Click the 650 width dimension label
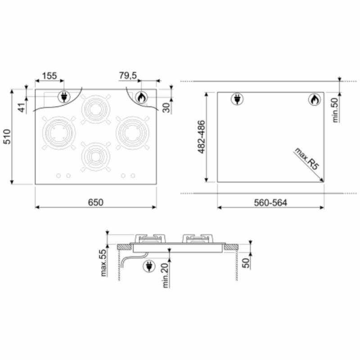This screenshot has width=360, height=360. click(x=96, y=202)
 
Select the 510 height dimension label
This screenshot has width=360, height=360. click(x=7, y=137)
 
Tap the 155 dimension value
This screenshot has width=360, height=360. click(x=49, y=76)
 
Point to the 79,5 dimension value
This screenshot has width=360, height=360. click(x=128, y=76)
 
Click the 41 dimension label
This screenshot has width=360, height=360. click(x=22, y=108)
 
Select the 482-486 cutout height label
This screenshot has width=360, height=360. click(x=201, y=137)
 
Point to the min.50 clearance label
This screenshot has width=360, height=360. click(x=335, y=110)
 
